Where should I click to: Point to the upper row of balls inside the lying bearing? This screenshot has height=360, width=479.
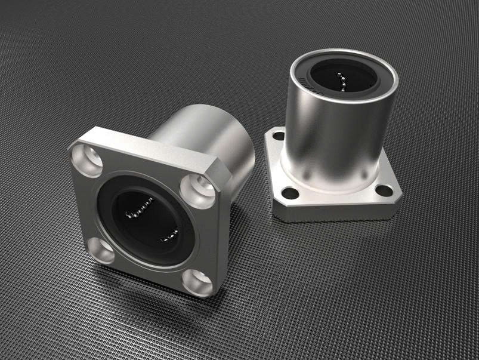pos(142,209)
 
